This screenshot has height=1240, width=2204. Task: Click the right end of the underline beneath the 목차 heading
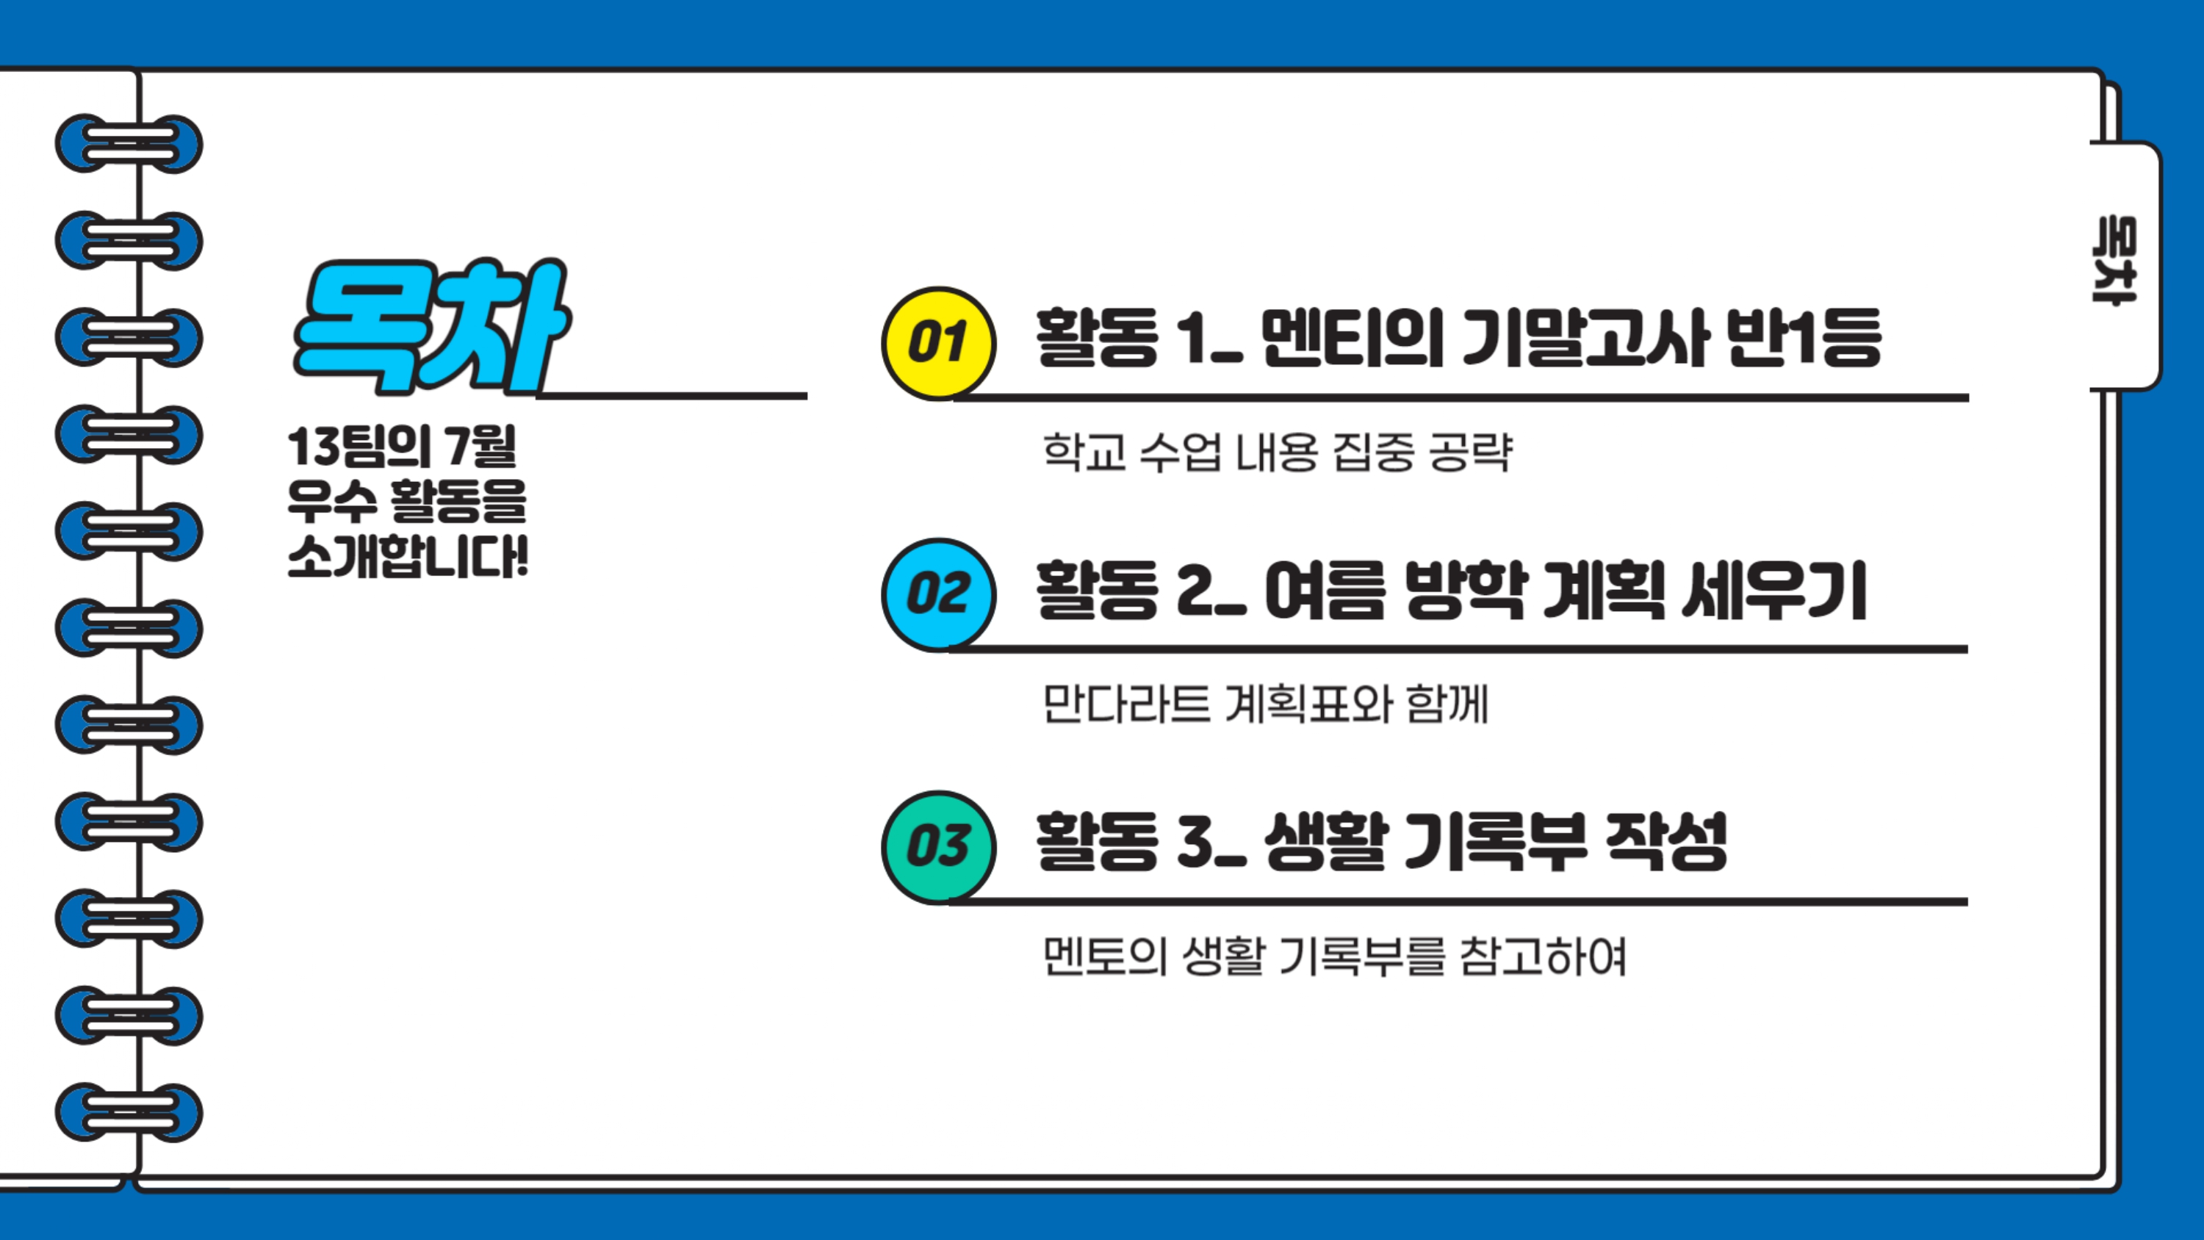pyautogui.click(x=806, y=396)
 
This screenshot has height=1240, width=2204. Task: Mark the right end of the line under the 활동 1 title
pyautogui.click(x=1967, y=398)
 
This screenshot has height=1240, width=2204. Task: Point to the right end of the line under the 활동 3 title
pyautogui.click(x=1966, y=902)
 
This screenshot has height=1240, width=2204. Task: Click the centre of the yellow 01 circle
pyautogui.click(x=939, y=343)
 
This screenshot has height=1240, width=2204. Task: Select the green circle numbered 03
pyautogui.click(x=939, y=847)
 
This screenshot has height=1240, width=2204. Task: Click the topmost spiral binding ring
pyautogui.click(x=129, y=144)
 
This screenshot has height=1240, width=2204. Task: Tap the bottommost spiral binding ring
pyautogui.click(x=129, y=1112)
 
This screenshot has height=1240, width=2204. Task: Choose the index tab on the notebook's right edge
pyautogui.click(x=2125, y=265)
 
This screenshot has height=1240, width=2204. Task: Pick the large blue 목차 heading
pyautogui.click(x=431, y=327)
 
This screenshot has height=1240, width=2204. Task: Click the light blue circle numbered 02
pyautogui.click(x=939, y=595)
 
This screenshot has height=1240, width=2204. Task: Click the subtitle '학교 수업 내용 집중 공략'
pyautogui.click(x=1278, y=452)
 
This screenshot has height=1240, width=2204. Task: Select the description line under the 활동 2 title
pyautogui.click(x=1265, y=704)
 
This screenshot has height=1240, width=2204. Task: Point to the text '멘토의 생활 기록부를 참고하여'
pyautogui.click(x=1334, y=956)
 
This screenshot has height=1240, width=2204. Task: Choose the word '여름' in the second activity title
pyautogui.click(x=1324, y=591)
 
